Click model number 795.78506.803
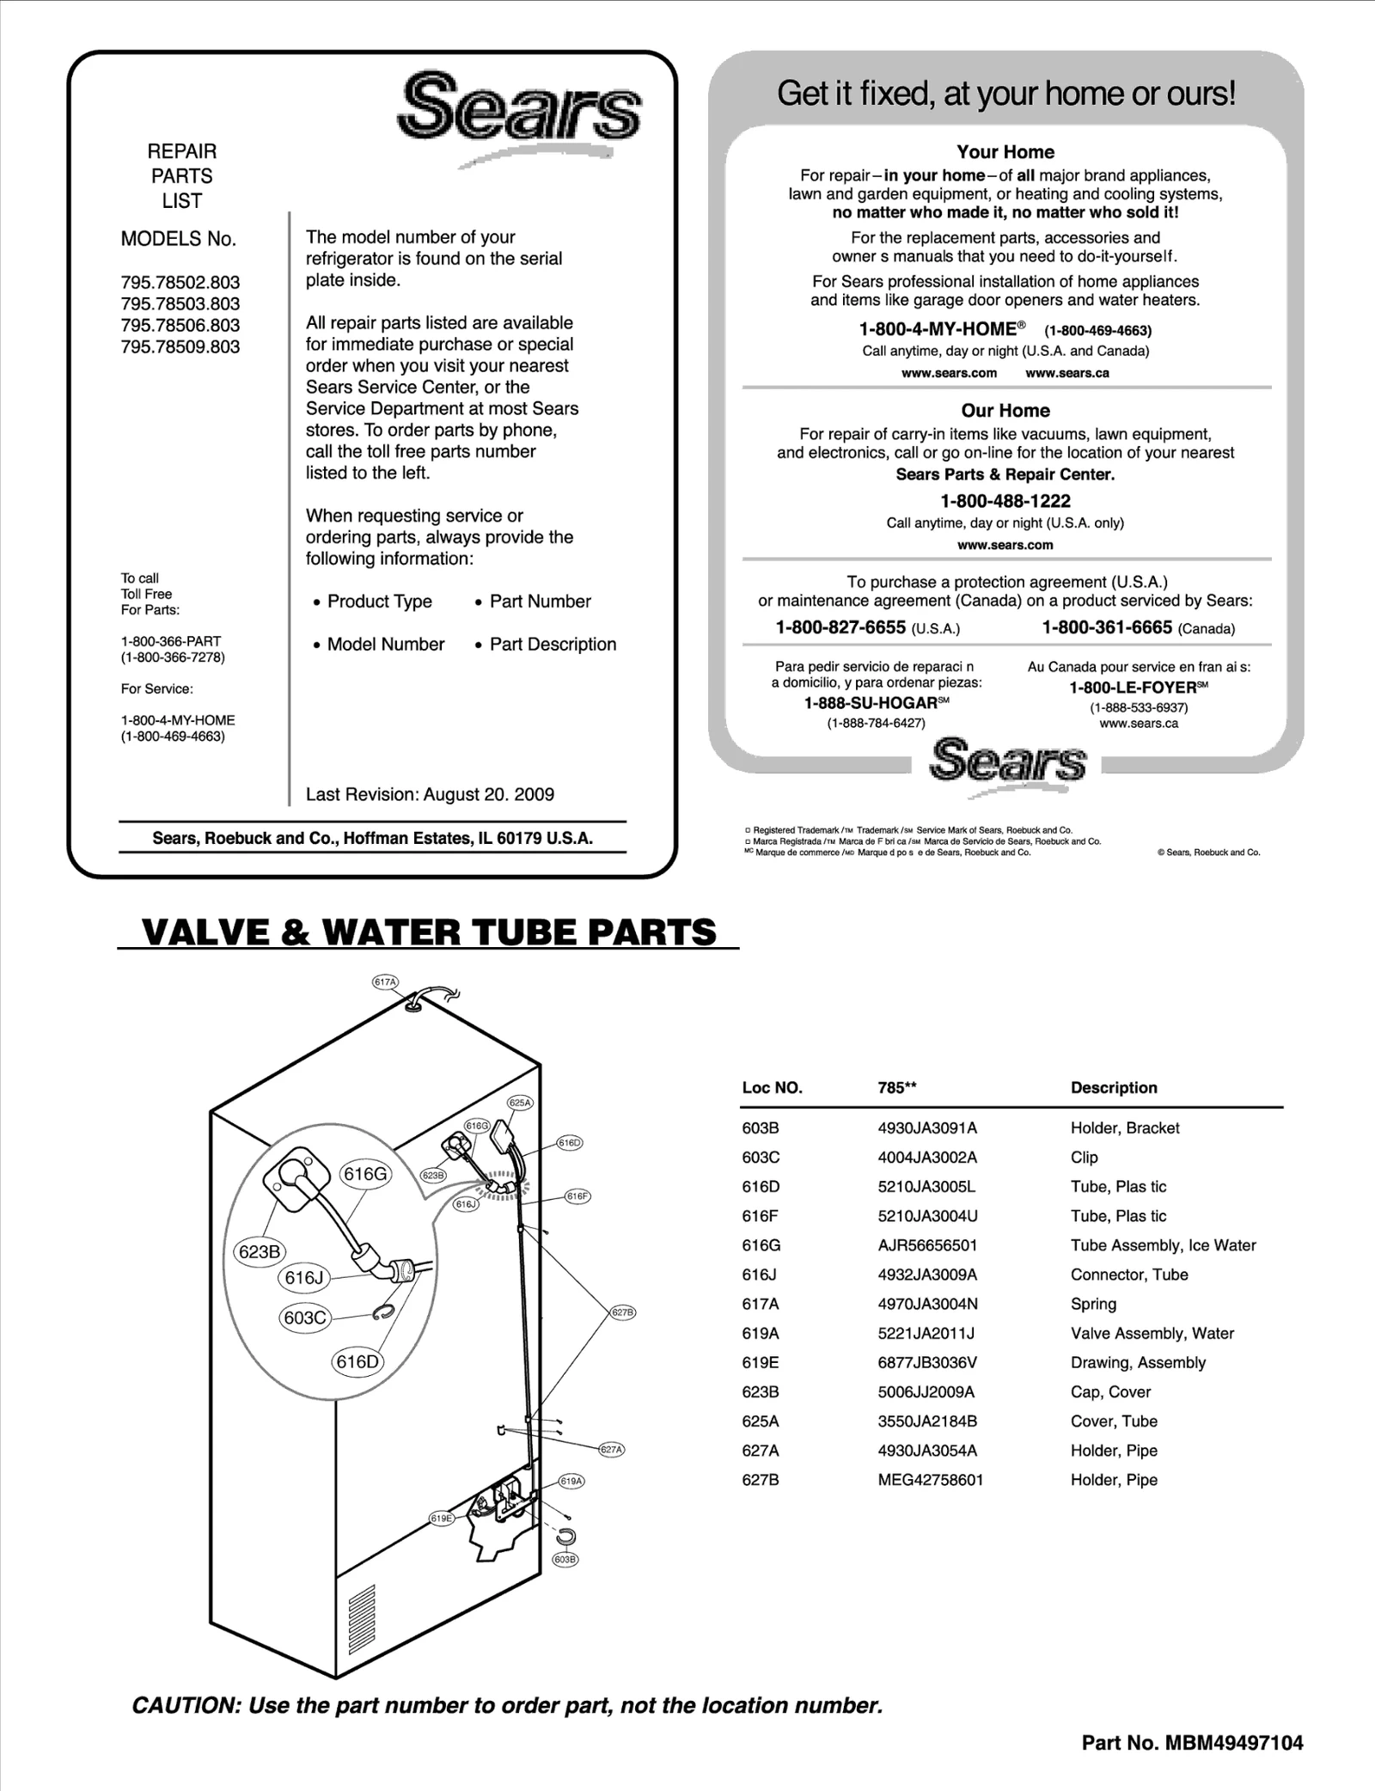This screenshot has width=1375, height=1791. click(180, 326)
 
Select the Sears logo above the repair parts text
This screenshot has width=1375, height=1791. click(518, 109)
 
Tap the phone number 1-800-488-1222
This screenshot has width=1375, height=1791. click(1005, 501)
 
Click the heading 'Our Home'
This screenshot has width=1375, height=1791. click(1005, 411)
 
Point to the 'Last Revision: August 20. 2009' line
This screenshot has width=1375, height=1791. click(430, 795)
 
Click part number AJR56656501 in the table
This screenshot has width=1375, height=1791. click(927, 1245)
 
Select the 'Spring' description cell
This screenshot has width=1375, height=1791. click(1093, 1304)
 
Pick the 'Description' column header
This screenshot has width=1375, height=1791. click(1113, 1088)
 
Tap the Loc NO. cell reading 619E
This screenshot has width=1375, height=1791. click(761, 1362)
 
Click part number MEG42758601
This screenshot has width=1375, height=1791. click(930, 1480)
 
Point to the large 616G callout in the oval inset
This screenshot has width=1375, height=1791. click(366, 1174)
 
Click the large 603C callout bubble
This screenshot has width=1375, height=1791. click(305, 1318)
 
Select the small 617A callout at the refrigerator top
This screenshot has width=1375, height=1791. click(385, 981)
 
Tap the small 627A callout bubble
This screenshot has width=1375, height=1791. click(611, 1450)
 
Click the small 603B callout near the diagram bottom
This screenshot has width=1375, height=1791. click(565, 1560)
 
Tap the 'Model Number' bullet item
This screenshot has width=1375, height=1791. click(385, 645)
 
